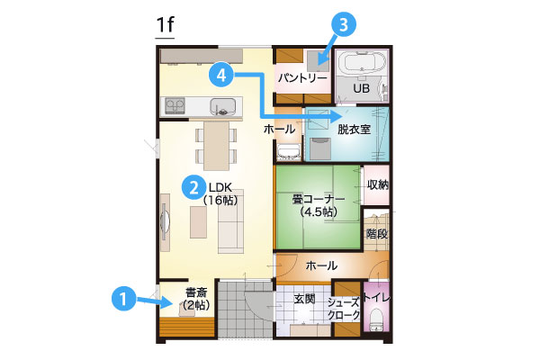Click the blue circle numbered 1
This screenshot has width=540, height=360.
123,299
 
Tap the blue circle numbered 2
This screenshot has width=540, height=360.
193,188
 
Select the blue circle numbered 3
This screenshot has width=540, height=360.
344,25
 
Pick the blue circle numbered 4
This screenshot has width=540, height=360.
221,75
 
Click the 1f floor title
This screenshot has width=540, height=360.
165,25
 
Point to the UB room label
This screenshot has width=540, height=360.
361,88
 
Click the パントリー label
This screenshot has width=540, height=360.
302,78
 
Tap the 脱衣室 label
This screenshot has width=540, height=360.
354,130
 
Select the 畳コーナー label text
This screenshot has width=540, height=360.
319,199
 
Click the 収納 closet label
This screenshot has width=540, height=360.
378,184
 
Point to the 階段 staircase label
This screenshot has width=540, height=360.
377,234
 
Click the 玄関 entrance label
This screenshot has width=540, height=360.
304,299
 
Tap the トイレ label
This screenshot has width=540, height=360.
377,298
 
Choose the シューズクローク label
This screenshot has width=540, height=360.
344,309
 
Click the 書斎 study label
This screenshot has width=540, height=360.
196,292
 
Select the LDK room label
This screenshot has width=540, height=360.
220,187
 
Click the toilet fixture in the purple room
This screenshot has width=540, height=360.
376,319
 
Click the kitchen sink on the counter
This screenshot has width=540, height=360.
223,106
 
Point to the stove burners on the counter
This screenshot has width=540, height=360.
175,105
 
